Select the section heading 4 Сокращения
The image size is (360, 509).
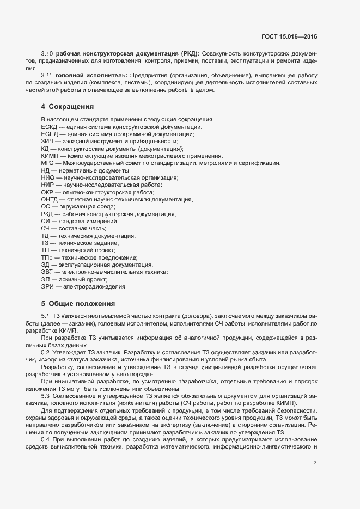[x=67, y=106]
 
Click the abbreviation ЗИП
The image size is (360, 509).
[x=47, y=141]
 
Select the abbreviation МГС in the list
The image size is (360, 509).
[x=47, y=163]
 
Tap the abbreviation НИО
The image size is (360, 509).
[x=47, y=177]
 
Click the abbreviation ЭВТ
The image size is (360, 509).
[x=47, y=272]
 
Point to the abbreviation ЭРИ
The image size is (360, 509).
[x=47, y=286]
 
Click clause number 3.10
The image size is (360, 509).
[x=47, y=53]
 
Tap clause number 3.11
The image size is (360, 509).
[x=47, y=75]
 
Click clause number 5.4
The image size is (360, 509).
[x=46, y=439]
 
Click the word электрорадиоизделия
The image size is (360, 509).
[x=95, y=286]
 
